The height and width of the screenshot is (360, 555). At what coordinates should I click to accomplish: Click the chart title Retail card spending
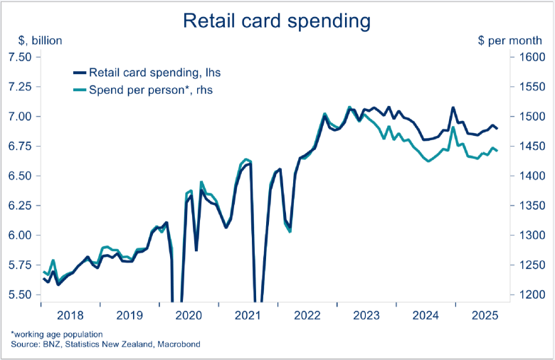[277, 21]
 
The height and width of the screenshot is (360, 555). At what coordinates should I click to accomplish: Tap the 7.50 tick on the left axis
[21, 57]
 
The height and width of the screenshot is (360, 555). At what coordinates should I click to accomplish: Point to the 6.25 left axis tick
[21, 206]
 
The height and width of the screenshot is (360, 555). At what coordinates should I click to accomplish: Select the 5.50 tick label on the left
[21, 295]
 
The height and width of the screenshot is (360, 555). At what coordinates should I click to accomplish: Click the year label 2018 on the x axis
[70, 315]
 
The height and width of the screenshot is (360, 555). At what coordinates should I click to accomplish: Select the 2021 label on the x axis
[247, 315]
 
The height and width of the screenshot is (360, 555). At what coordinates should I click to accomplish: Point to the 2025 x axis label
[483, 315]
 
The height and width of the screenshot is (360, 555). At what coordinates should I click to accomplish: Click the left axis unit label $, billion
[33, 41]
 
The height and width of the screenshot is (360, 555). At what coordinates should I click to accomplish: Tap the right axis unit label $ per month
[510, 41]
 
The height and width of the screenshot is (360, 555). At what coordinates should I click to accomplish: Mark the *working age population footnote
[56, 334]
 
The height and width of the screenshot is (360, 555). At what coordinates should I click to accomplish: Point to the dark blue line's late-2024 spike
[453, 108]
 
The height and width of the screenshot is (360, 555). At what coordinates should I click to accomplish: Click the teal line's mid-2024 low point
[428, 162]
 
